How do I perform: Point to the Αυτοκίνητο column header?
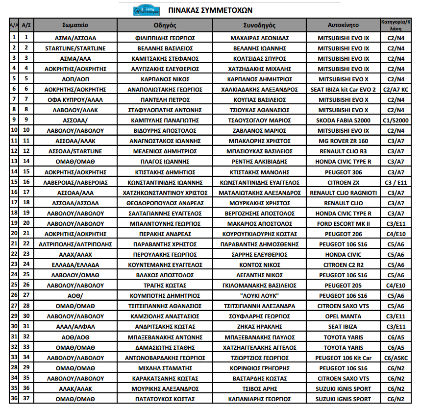point(343,24)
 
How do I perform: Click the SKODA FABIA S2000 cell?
point(343,120)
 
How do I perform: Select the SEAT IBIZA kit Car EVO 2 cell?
point(343,90)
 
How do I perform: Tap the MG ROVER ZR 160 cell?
point(343,141)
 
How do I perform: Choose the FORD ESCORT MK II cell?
point(343,223)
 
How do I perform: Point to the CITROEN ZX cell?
point(343,182)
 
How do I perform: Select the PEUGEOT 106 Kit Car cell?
point(343,358)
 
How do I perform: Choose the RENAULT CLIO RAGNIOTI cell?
point(343,192)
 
